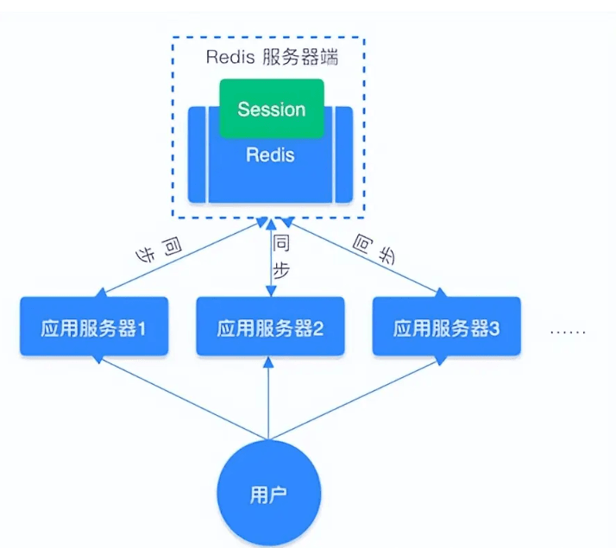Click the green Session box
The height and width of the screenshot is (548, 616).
coord(272,109)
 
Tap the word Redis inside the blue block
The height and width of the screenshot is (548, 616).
coord(270,156)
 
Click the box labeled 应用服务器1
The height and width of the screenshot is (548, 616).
coord(93,327)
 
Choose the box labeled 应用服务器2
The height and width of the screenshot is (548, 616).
coord(269,327)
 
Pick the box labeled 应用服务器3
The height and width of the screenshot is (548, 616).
coord(446,327)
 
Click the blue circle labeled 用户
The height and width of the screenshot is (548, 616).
coord(270,494)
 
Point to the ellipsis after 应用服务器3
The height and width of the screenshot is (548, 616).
coord(568,331)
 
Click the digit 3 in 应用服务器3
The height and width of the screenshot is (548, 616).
coord(494,328)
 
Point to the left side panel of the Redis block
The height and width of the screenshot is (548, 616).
coord(198,154)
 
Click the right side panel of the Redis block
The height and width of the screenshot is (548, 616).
coord(344,154)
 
